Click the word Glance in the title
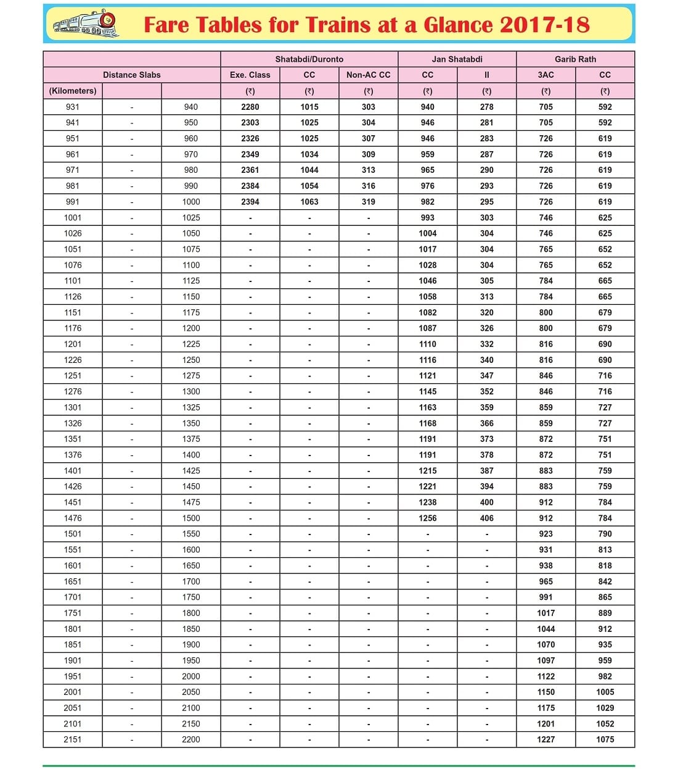459,25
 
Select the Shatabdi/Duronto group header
309,59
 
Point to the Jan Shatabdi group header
457,59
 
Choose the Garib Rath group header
575,59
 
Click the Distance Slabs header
131,75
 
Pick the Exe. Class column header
250,75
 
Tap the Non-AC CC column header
368,75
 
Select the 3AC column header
545,75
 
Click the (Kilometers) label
73,91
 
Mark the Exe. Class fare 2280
250,107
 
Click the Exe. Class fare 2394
250,202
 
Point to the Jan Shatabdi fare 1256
427,518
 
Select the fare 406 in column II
486,518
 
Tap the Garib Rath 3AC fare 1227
545,739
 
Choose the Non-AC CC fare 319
368,202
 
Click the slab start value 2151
72,739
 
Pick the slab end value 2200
190,739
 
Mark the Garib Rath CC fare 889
605,613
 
